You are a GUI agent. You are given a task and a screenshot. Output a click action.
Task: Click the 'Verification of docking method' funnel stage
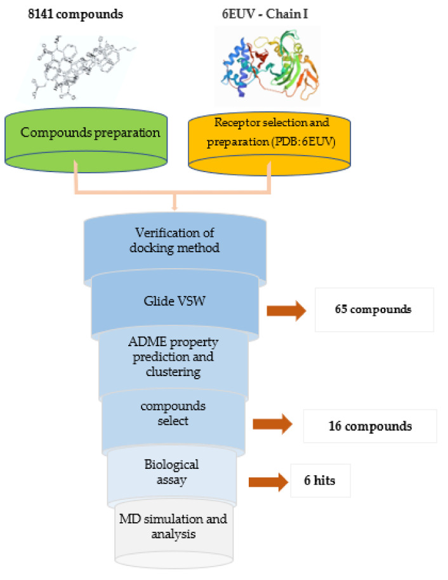point(173,241)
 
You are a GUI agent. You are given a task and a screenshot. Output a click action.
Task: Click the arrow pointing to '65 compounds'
point(286,311)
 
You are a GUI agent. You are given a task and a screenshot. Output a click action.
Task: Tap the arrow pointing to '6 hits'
point(266,481)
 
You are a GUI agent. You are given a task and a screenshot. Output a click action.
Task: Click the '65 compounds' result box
point(374,310)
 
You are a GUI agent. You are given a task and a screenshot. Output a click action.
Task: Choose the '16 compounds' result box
point(369,426)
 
